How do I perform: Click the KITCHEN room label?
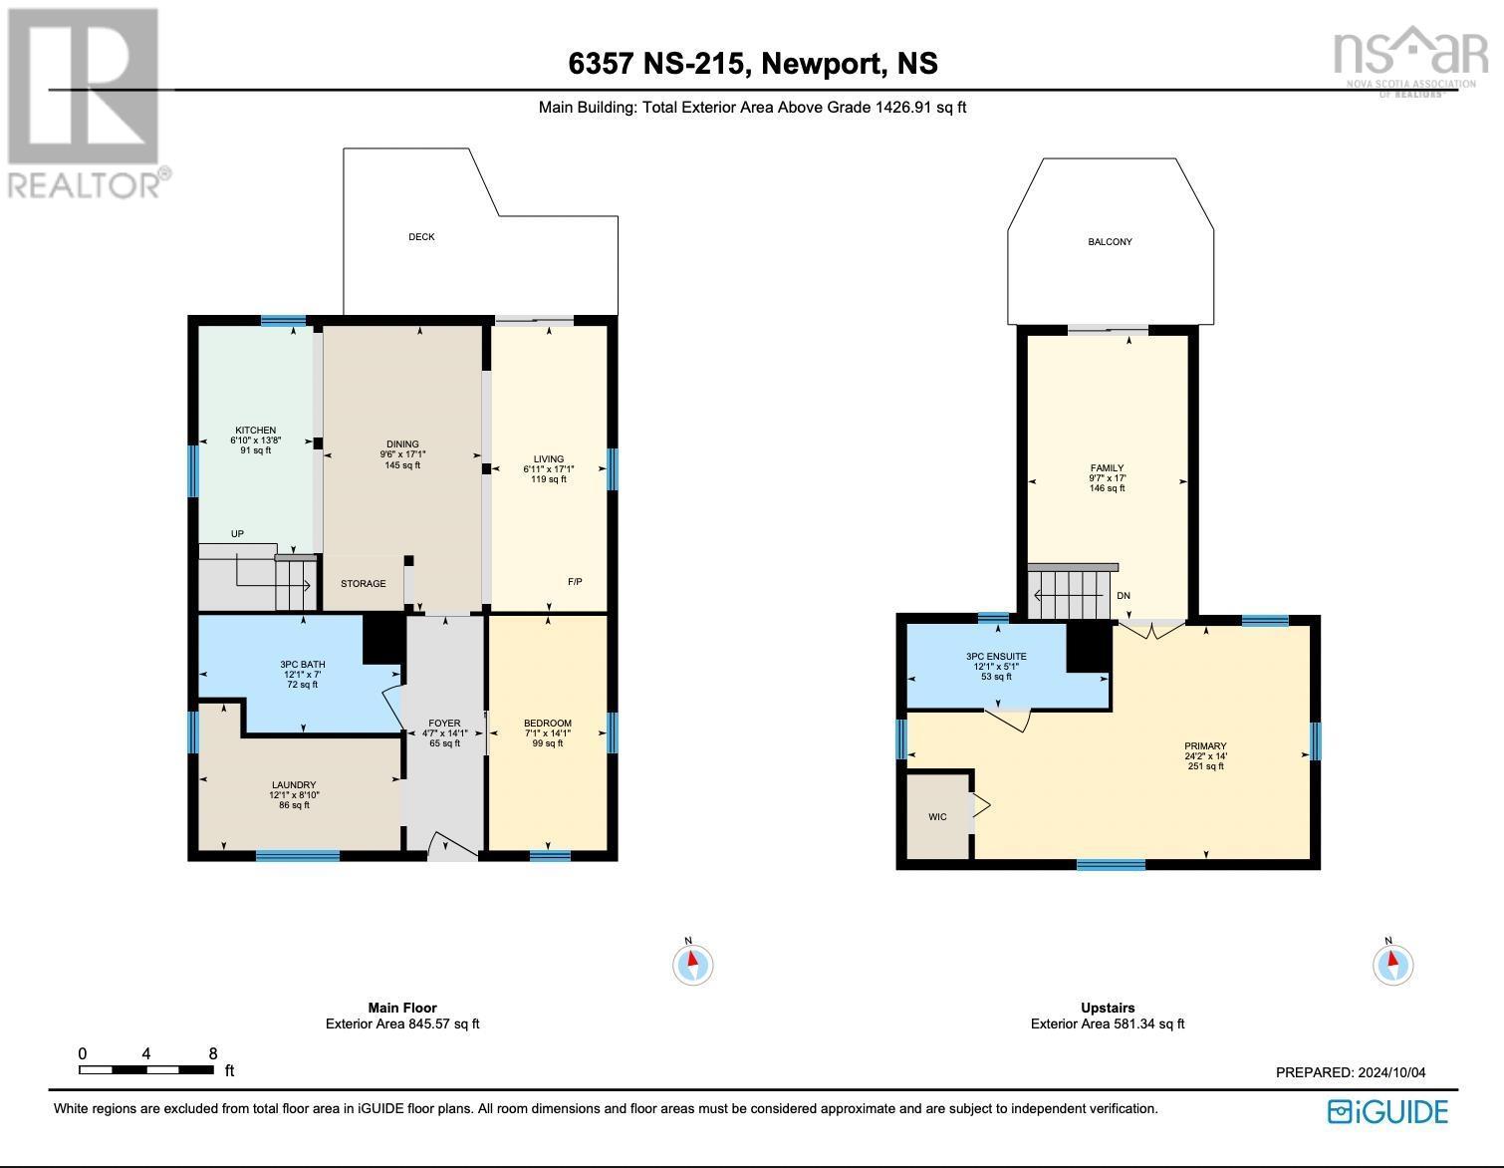coord(255,431)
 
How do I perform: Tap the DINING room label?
coord(402,444)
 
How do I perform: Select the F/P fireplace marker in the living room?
coord(575,581)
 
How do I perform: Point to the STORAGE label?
coord(363,583)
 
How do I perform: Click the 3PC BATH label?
coord(302,664)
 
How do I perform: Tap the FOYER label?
coord(444,723)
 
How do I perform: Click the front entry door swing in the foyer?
coord(450,846)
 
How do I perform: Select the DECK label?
coord(421,237)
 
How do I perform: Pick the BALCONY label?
coord(1110,242)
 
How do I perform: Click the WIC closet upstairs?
coord(937,816)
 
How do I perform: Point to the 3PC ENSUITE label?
coord(996,657)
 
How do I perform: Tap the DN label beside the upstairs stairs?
coord(1124,596)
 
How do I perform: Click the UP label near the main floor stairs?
coord(237,534)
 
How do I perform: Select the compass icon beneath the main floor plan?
coord(692,964)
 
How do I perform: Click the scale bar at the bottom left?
coord(146,1069)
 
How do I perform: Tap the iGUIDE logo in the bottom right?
coord(1387,1111)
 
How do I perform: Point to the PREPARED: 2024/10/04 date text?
coord(1351,1072)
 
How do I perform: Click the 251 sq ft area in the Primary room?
coord(1205,766)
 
